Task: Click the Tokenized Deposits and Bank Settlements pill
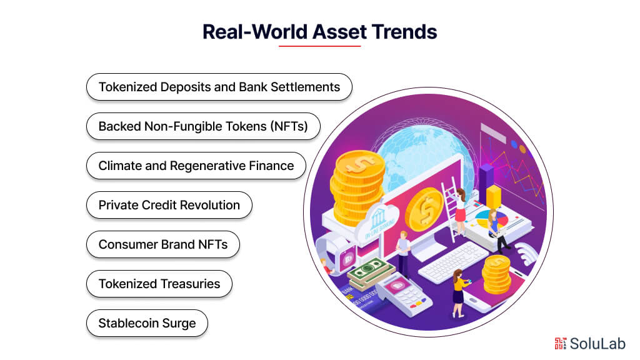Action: tap(219, 87)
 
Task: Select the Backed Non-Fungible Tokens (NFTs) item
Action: tap(203, 126)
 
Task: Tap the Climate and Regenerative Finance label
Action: tap(196, 166)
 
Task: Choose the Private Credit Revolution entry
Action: tap(169, 205)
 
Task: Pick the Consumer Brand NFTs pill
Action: tap(162, 244)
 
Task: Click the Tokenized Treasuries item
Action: tap(159, 284)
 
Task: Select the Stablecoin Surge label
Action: tap(147, 323)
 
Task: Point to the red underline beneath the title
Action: tap(319, 46)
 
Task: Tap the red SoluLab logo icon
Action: tap(561, 343)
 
